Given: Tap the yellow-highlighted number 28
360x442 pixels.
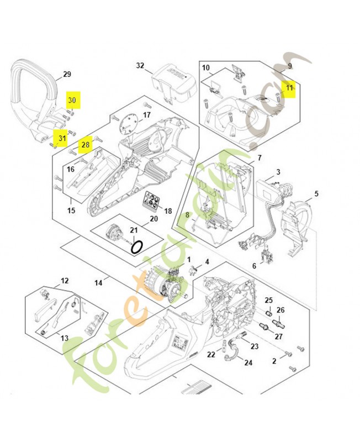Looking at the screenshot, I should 86,145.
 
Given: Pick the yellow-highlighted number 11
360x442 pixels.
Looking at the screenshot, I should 290,88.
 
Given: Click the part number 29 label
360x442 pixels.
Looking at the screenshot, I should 67,75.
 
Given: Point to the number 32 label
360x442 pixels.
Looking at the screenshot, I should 140,66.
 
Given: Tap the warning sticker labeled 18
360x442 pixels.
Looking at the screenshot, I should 152,201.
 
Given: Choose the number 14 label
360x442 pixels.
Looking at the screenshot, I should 98,283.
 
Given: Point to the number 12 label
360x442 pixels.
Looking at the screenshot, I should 65,281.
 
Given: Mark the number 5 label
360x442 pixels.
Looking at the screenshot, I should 316,194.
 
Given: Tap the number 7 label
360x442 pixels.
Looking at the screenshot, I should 259,158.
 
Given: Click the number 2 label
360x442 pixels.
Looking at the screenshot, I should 274,362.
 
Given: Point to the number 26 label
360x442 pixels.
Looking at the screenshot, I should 280,310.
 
